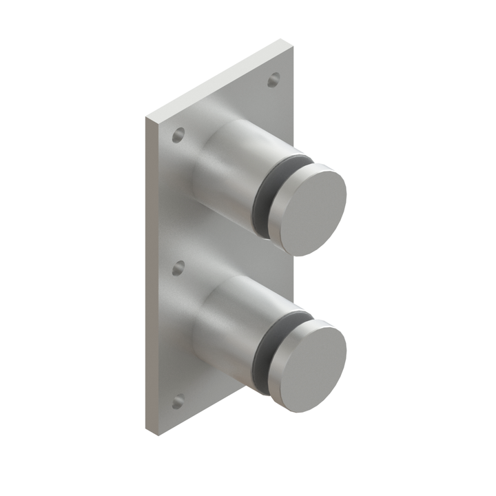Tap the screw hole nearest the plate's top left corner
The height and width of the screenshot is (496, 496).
178,135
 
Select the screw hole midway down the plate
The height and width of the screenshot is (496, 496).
178,268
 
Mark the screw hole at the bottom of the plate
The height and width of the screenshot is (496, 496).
178,400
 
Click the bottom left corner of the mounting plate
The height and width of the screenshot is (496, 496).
147,431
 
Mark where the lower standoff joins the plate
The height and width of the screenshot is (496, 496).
196,338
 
